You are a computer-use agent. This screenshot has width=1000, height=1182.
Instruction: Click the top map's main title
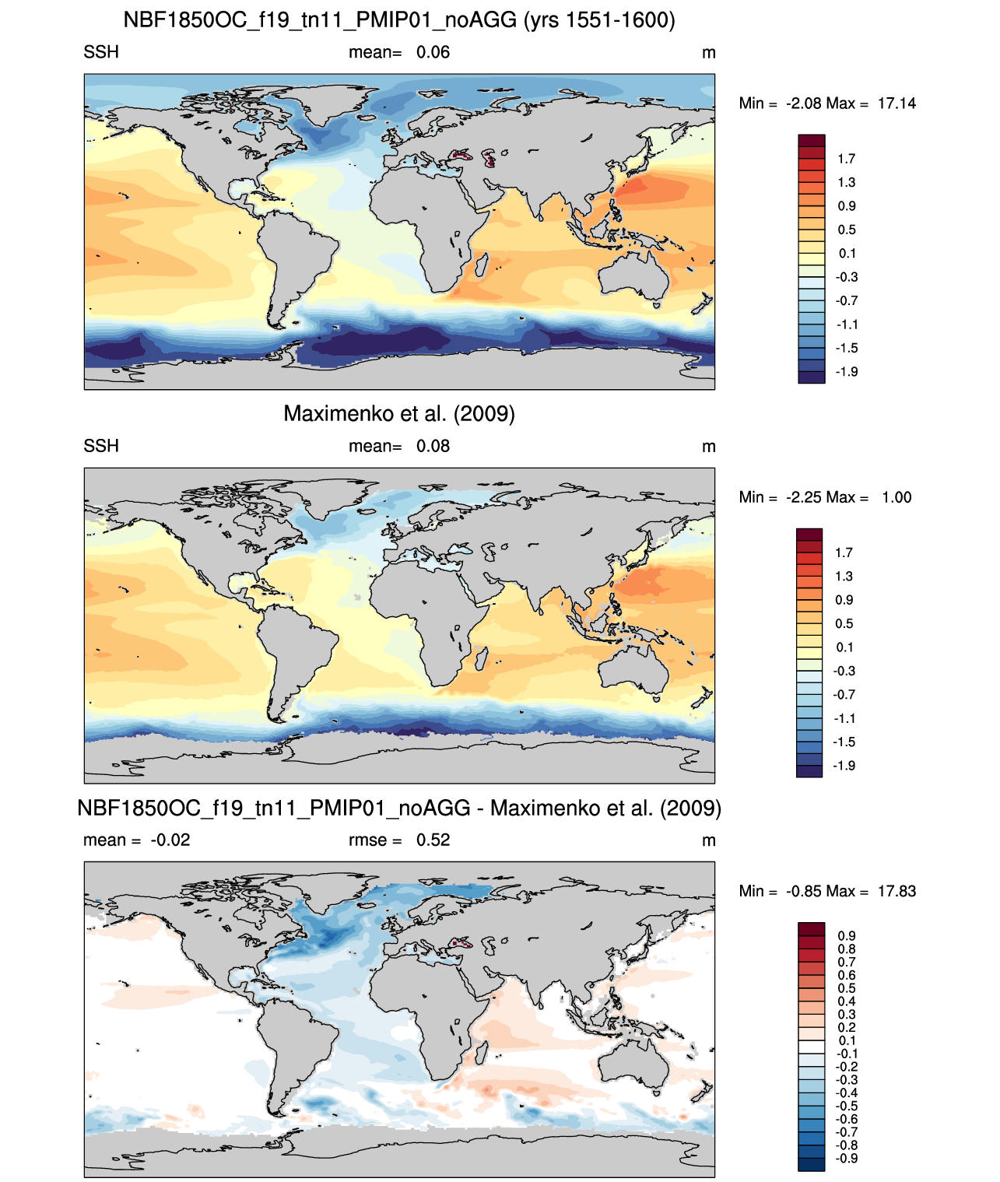(x=399, y=20)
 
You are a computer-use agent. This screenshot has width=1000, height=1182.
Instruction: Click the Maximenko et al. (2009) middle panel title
(x=399, y=413)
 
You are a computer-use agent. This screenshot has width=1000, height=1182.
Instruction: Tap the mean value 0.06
(x=433, y=53)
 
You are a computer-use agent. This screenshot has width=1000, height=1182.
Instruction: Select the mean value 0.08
(x=433, y=446)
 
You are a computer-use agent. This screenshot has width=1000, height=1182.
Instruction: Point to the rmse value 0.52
(x=433, y=840)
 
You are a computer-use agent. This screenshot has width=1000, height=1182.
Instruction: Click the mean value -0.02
(x=170, y=840)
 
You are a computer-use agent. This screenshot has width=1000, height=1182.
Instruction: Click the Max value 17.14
(x=896, y=103)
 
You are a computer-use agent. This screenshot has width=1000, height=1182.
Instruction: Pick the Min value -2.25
(x=804, y=497)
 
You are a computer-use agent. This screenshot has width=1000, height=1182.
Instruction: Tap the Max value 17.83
(x=896, y=892)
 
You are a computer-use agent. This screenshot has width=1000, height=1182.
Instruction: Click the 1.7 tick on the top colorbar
(x=846, y=159)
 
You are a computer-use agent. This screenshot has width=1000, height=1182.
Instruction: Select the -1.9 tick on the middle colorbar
(x=844, y=766)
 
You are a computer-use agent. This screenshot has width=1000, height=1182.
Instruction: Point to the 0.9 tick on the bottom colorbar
(x=846, y=936)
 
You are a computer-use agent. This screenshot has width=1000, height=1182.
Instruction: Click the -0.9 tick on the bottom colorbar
(x=846, y=1159)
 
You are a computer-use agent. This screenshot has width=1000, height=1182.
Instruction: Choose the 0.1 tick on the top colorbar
(x=846, y=254)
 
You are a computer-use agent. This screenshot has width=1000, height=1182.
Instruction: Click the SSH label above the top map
(x=101, y=52)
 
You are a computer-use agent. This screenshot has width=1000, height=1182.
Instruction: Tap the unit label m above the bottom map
(x=708, y=841)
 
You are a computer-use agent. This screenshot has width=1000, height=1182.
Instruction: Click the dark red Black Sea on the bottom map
(x=461, y=944)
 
